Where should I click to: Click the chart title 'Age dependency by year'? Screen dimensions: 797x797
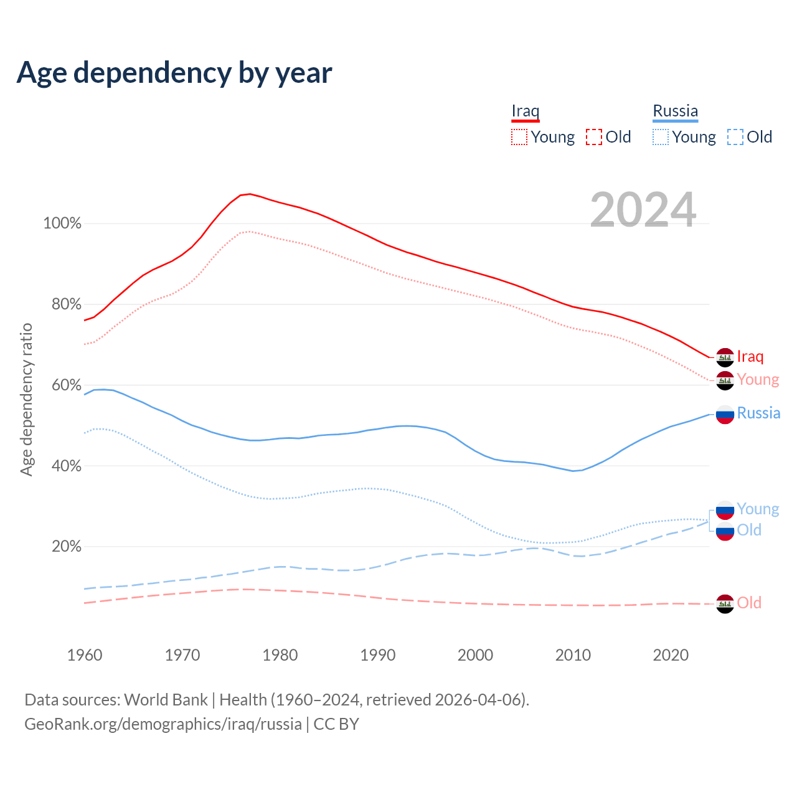tap(174, 73)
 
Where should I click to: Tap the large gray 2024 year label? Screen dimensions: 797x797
tap(643, 210)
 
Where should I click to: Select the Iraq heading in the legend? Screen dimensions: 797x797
tap(525, 111)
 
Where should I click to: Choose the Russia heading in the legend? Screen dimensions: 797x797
tap(675, 111)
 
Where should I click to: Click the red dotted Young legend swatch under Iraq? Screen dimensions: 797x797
tap(519, 137)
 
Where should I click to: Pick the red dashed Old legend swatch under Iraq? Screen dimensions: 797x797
tap(593, 137)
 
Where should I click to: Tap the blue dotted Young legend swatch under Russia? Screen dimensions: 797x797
tap(660, 137)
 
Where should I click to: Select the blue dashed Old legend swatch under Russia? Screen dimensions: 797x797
tap(735, 137)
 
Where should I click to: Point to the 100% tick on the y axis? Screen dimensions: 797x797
tap(62, 224)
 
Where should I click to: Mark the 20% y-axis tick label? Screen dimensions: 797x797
tap(66, 547)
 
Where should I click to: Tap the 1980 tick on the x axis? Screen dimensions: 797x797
tap(280, 655)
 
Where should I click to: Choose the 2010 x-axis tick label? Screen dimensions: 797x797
tap(573, 655)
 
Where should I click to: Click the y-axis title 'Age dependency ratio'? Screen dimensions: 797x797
tap(26, 399)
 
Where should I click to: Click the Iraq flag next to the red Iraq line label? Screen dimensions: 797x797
tap(725, 357)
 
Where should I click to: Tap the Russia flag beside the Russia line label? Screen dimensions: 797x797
tap(725, 414)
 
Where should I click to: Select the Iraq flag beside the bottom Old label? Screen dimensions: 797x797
tap(725, 603)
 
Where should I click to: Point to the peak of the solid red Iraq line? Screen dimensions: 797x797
tap(249, 194)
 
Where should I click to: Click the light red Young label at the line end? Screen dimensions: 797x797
tap(758, 379)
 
